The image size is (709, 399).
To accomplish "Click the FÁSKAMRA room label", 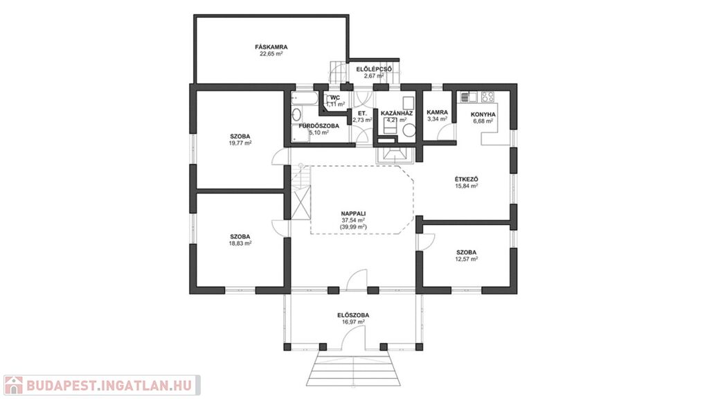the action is [271, 46].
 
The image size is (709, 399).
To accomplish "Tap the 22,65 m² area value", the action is [271, 53].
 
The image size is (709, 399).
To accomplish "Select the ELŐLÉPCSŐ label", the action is [374, 69].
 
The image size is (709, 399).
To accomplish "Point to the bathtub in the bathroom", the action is [305, 99].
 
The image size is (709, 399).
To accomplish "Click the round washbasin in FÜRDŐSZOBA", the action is [296, 114].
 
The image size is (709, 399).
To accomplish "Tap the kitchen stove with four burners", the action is [487, 96].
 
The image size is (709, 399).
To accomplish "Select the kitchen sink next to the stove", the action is [469, 96].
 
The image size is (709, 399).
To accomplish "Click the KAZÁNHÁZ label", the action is [397, 113].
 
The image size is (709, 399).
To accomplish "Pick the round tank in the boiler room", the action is [409, 130].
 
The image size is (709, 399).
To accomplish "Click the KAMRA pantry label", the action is [438, 112].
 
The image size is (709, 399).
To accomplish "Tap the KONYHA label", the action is [483, 114].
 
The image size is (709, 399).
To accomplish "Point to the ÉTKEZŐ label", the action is [466, 179].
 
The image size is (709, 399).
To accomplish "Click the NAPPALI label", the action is [353, 213].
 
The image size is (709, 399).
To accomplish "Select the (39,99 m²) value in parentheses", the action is [353, 227].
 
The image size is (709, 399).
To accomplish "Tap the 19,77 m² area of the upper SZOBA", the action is [240, 143].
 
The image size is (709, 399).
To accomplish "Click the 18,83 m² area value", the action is [240, 243].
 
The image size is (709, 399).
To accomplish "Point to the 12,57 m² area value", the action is [466, 259].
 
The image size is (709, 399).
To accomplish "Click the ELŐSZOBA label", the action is [353, 315].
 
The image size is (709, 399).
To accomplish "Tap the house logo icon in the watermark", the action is [13, 385].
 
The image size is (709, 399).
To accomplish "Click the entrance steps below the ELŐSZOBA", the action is [353, 369].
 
